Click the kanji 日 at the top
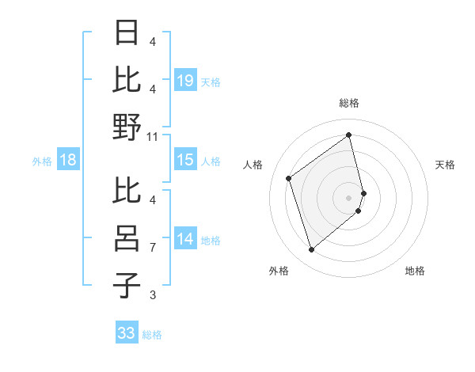128,32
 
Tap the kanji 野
128,127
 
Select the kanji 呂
128,238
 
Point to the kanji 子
128,286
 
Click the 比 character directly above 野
128,79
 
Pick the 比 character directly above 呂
128,191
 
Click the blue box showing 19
185,80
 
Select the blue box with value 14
185,239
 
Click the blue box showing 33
127,333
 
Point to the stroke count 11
153,136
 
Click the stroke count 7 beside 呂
152,248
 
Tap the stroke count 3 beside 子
152,295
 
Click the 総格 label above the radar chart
349,103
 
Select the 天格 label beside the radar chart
445,165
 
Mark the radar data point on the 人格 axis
289,179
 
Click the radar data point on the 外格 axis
311,250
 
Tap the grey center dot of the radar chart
349,197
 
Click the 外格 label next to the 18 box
42,161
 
